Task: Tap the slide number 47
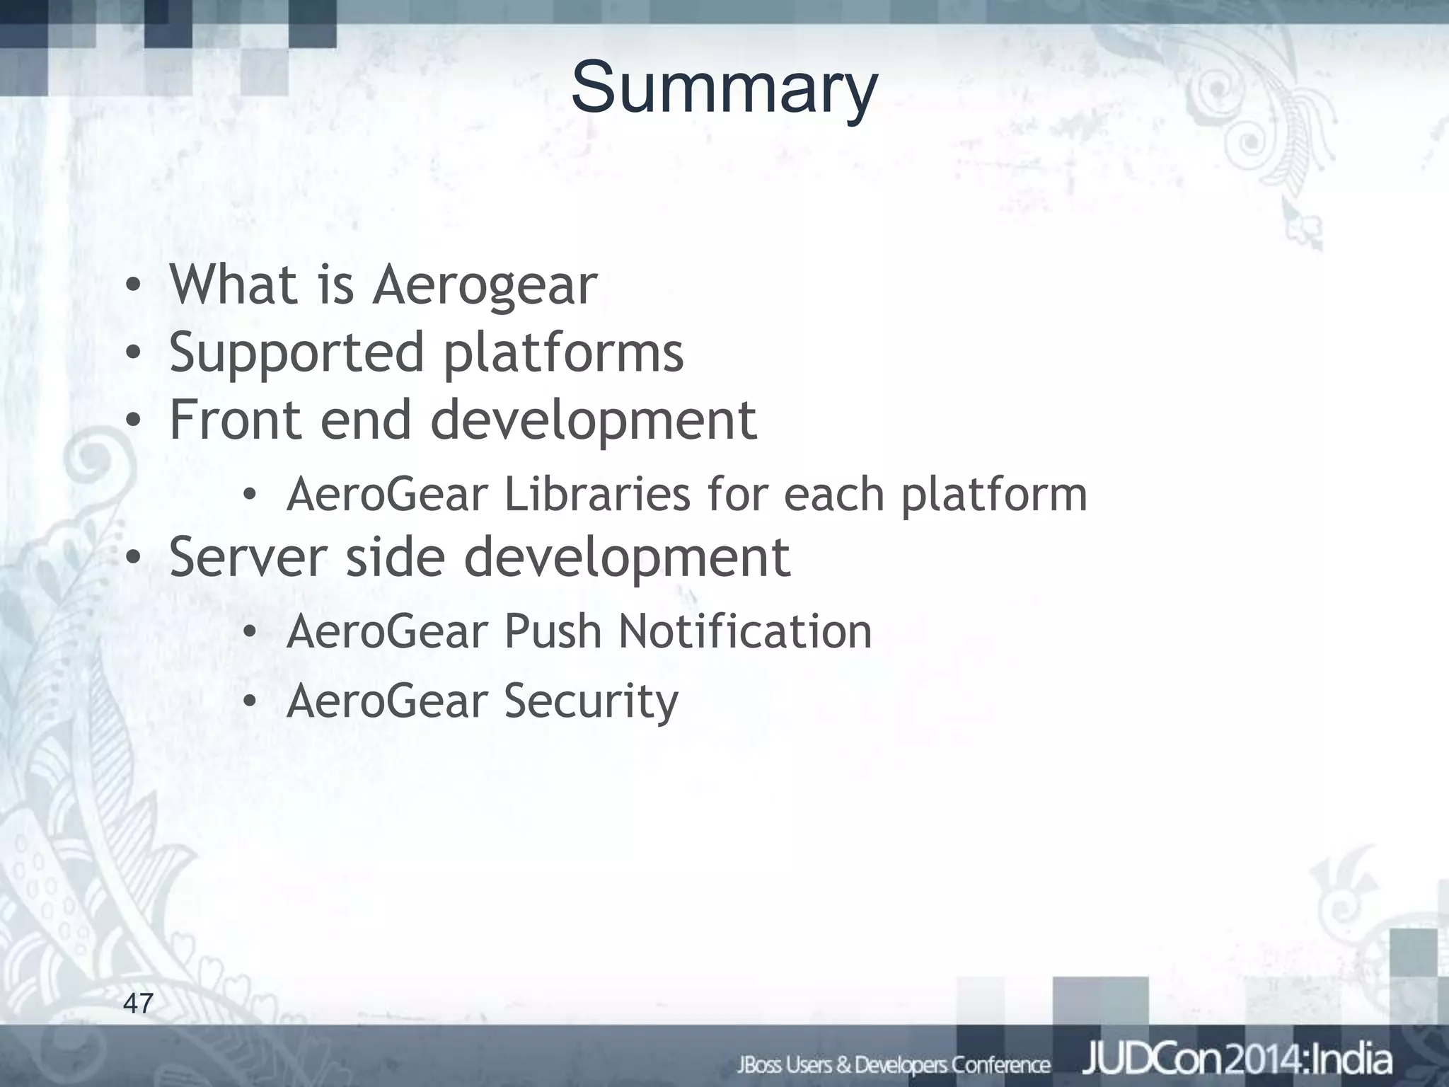click(x=138, y=1003)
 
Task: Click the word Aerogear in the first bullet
click(x=485, y=285)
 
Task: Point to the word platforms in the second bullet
click(x=563, y=353)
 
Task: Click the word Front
click(x=235, y=420)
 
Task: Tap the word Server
click(x=248, y=557)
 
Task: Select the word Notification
click(x=745, y=631)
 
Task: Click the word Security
click(x=591, y=701)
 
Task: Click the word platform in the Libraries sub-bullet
click(x=993, y=495)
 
